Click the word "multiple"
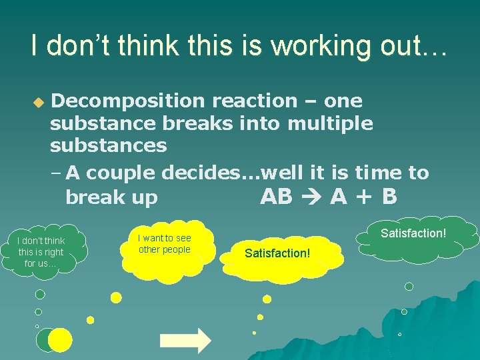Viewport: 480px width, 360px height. [330, 123]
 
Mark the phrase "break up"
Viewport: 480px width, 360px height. [111, 197]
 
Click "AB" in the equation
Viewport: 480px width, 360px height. [277, 197]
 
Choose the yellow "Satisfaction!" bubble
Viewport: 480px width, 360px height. [277, 254]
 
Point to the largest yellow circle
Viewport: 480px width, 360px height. [60, 340]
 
